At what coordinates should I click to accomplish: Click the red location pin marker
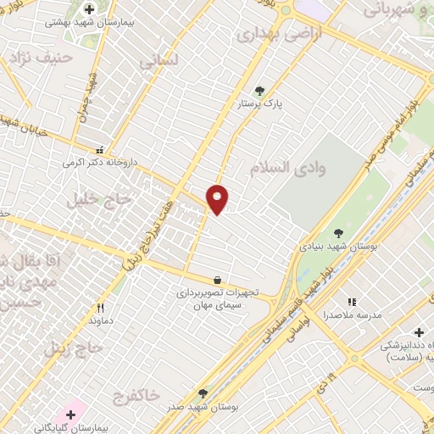218,199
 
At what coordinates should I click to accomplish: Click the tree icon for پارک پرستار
259,91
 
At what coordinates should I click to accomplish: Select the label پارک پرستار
259,104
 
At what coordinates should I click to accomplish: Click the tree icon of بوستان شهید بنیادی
339,232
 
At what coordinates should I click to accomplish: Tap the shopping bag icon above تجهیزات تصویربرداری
218,279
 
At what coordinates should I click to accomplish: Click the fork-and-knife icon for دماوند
101,309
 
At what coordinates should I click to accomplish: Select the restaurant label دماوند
101,322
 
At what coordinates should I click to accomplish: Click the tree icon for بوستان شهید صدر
202,393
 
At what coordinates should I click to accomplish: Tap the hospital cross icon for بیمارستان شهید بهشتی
89,9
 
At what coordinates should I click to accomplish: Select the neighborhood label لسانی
159,62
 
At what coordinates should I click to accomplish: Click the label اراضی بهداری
270,35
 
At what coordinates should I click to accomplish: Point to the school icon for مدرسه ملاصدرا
351,302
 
